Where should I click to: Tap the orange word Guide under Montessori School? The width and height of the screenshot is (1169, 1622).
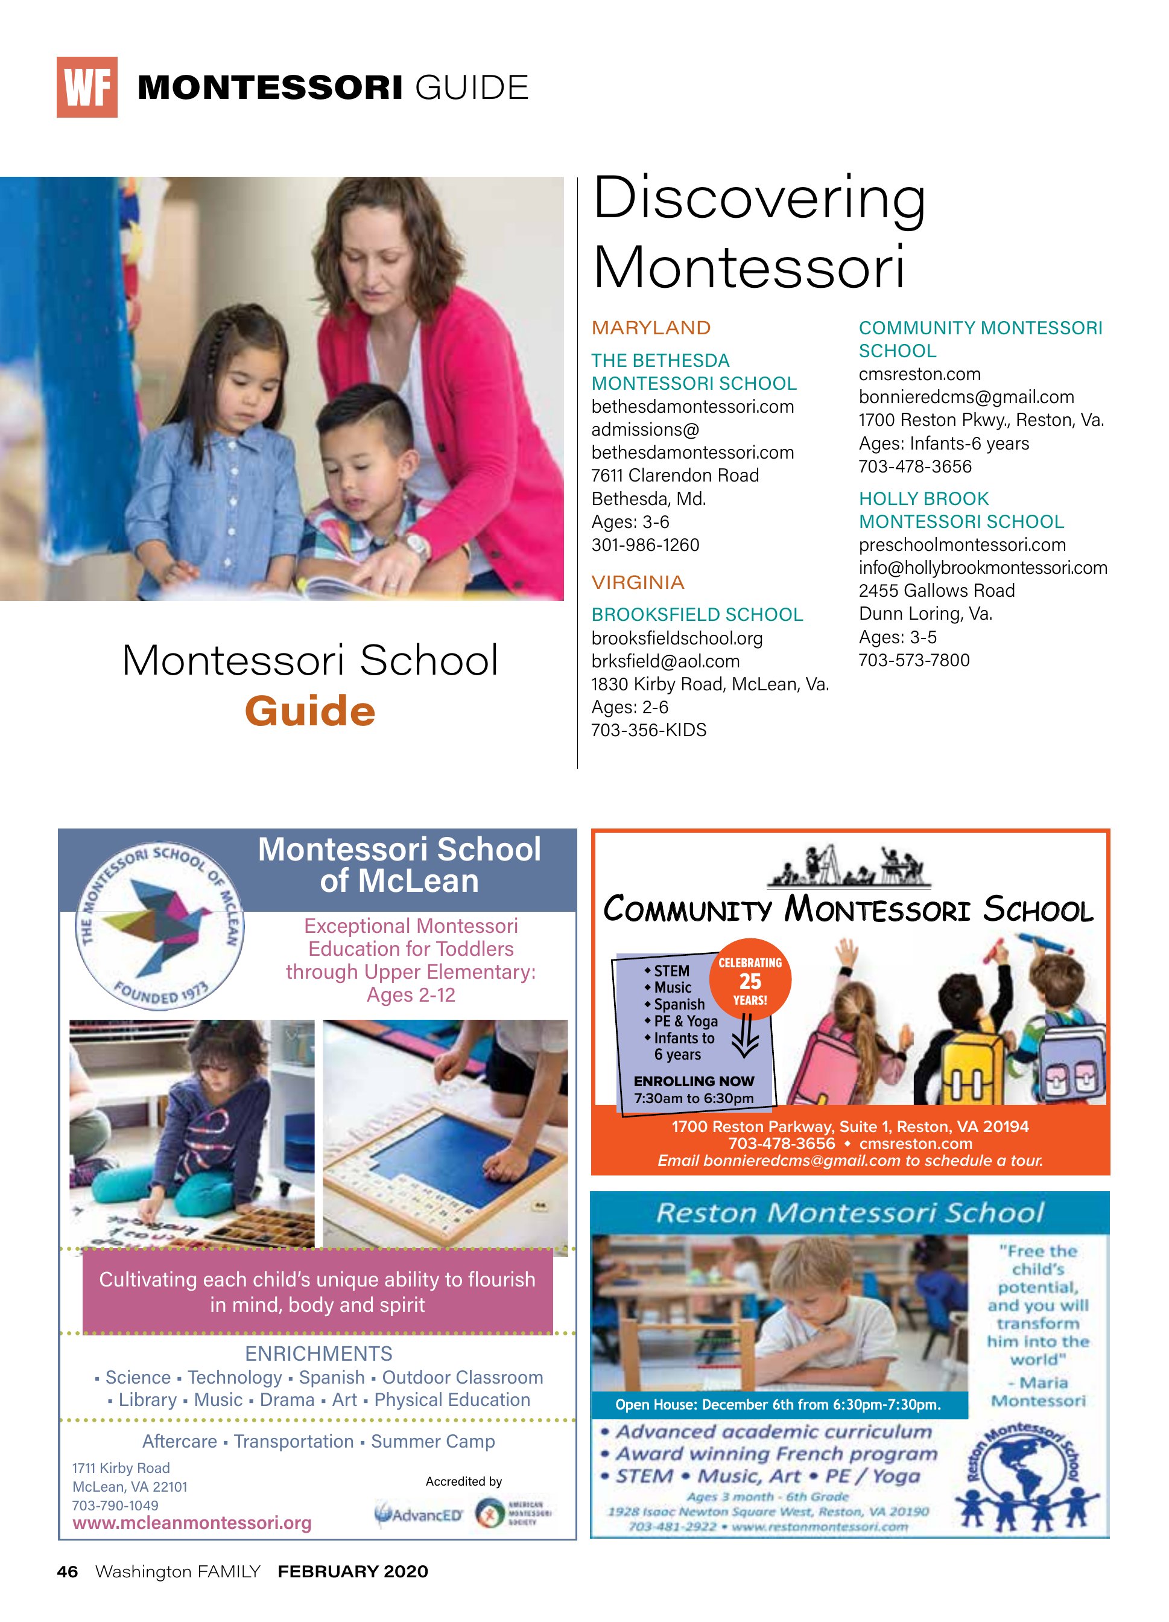click(309, 711)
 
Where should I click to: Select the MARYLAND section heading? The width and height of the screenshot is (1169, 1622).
click(651, 328)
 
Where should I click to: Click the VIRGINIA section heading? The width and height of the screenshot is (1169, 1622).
click(638, 582)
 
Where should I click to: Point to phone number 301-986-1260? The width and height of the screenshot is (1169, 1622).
click(645, 545)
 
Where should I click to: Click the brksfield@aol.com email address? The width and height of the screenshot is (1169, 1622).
click(665, 661)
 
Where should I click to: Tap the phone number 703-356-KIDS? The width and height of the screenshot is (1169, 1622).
click(648, 730)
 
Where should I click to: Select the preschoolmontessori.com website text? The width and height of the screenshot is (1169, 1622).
click(961, 545)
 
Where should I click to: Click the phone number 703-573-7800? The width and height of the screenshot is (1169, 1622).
click(914, 660)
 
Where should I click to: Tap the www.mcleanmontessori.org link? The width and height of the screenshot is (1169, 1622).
click(192, 1523)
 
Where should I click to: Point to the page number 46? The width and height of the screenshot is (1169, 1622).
click(67, 1571)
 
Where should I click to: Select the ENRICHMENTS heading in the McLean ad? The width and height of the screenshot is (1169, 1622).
click(318, 1354)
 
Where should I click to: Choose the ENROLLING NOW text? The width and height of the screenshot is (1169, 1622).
click(694, 1081)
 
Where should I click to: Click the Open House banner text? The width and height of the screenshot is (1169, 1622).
click(778, 1405)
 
